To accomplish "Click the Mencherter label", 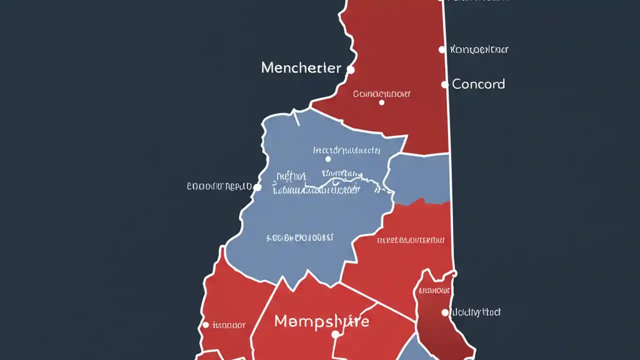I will click(x=301, y=68).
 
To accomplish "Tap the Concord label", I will click(x=478, y=84).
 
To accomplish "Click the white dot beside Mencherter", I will click(x=350, y=70).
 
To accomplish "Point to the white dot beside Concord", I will click(x=444, y=84).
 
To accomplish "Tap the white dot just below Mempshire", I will click(x=335, y=334).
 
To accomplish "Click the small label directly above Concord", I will click(x=479, y=49).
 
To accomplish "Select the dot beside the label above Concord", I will click(x=441, y=49).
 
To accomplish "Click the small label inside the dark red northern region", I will click(x=382, y=93).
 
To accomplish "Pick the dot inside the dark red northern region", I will click(x=381, y=102).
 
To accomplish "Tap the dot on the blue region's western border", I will click(x=257, y=187).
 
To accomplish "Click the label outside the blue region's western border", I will click(x=219, y=186).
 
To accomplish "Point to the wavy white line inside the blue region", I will click(x=345, y=182).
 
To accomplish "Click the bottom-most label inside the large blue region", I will click(x=300, y=237).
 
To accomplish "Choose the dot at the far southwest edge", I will click(x=205, y=325).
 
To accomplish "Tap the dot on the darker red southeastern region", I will click(x=445, y=312).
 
